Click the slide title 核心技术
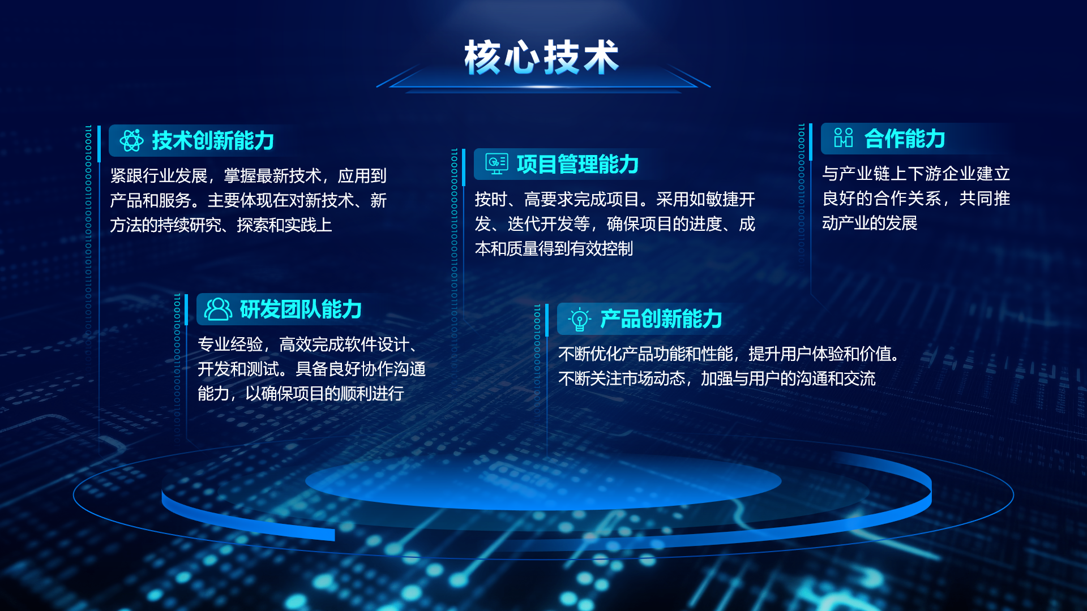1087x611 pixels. coord(542,57)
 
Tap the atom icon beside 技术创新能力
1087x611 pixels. coord(131,140)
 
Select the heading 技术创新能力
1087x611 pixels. coord(213,140)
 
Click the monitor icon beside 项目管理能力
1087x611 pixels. coord(497,164)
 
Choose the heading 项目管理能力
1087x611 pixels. coord(577,164)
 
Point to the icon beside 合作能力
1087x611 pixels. coord(844,138)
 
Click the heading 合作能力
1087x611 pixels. coord(905,139)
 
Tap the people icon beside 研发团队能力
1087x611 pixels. coord(218,309)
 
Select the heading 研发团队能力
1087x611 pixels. coord(301,309)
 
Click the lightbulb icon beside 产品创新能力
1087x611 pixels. coord(579,319)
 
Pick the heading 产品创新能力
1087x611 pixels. coord(661,319)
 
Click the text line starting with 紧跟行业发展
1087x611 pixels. coord(248,175)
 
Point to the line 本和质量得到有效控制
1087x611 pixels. coord(554,248)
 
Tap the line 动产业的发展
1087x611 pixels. coord(870,223)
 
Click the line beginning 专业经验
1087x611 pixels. coord(309,344)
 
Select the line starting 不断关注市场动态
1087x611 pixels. coord(717,378)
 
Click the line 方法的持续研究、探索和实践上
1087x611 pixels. coord(221,225)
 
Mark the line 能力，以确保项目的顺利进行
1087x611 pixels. coord(301,393)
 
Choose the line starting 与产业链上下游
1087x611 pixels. coord(916,173)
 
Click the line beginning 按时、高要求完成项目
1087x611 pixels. coord(615,199)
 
